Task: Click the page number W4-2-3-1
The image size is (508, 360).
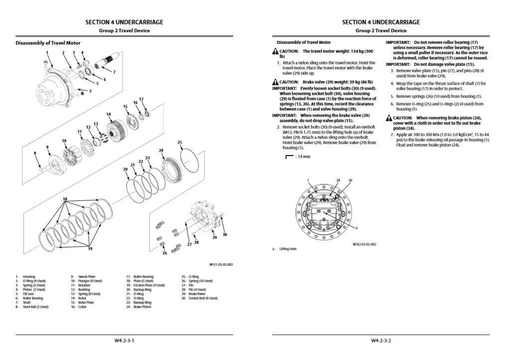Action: tap(124, 341)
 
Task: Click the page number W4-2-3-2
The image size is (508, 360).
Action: tap(381, 341)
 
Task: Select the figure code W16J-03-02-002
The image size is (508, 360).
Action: tap(364, 244)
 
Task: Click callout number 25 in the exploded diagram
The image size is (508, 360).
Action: tap(179, 142)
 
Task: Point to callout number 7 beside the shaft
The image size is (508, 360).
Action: tap(114, 72)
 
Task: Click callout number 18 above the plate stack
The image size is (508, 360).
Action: tap(65, 199)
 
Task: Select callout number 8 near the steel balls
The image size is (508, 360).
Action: tap(35, 153)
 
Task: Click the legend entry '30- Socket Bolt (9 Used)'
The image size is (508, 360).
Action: tap(199, 298)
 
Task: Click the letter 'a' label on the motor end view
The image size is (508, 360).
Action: tap(357, 227)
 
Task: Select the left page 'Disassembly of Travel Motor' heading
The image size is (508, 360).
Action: tap(48, 43)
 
